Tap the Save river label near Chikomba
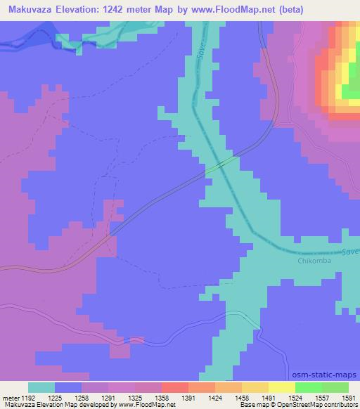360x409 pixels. [350, 251]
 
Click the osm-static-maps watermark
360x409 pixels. [325, 376]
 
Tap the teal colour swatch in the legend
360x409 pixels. [41, 387]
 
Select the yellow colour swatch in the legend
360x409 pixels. [281, 387]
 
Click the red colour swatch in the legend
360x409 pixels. [174, 387]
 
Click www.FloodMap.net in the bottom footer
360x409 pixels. [145, 405]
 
